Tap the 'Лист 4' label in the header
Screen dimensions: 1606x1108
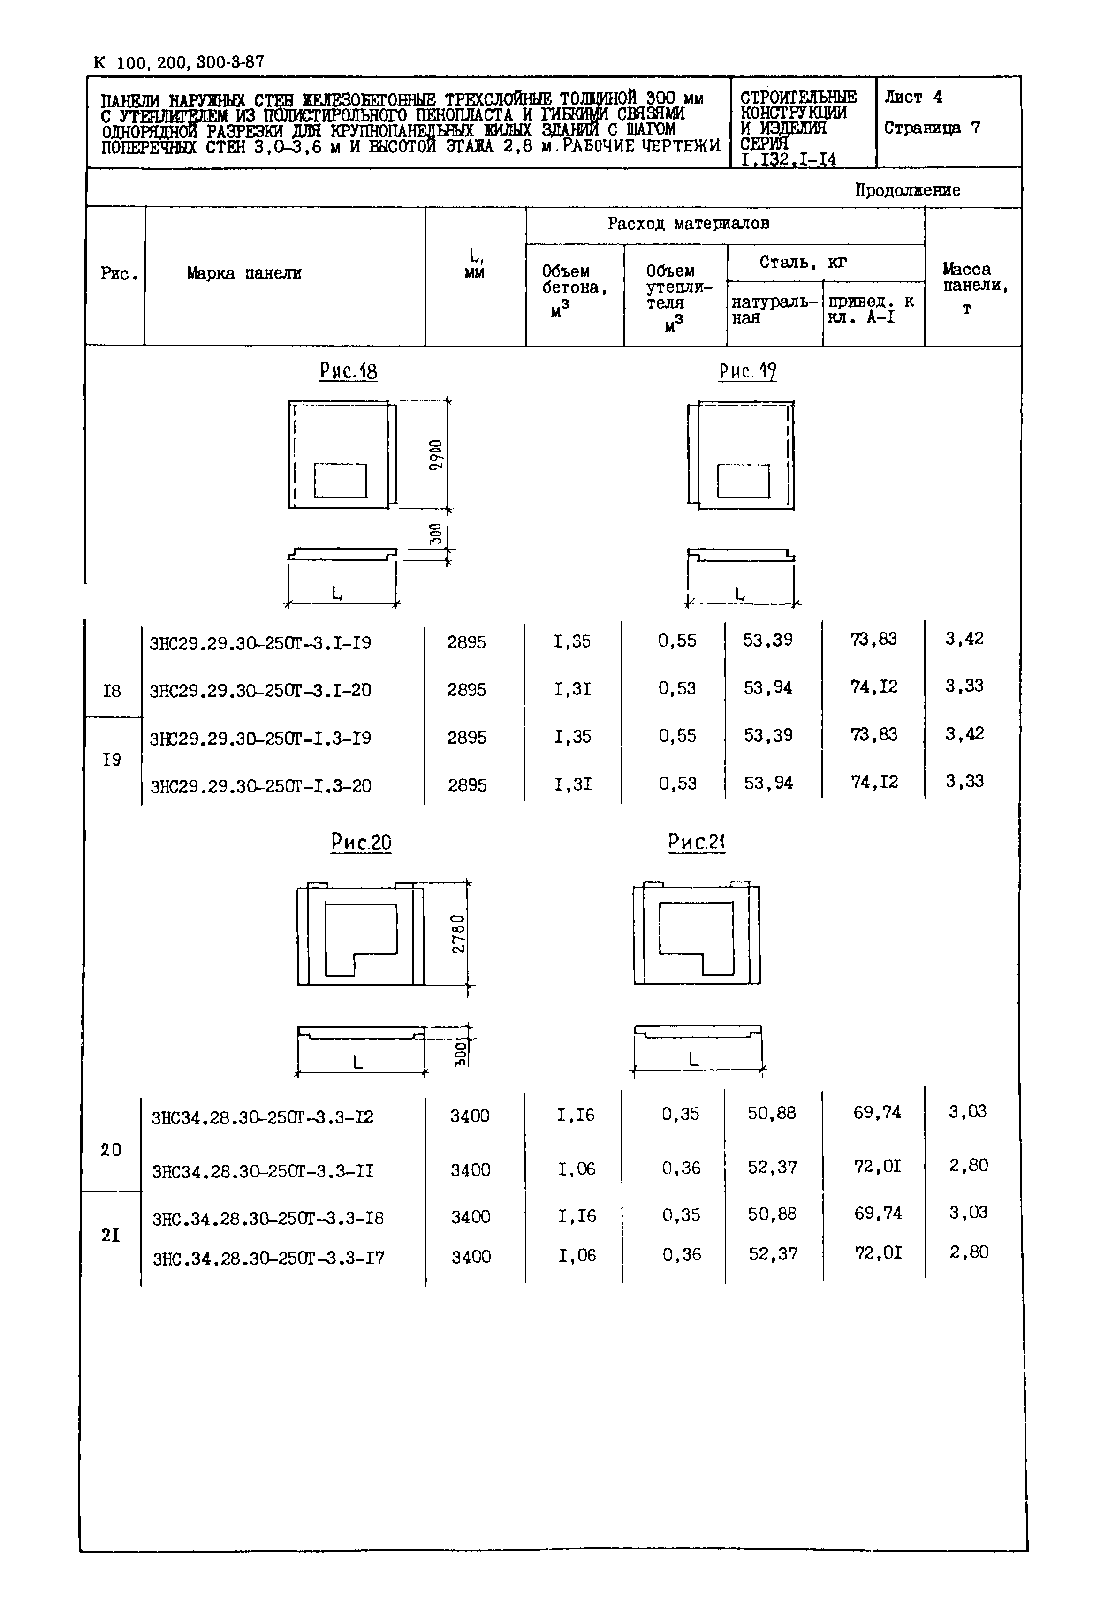(913, 97)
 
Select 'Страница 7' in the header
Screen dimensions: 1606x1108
(932, 128)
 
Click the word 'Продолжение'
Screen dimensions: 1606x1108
(907, 190)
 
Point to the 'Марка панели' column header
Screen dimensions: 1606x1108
(243, 273)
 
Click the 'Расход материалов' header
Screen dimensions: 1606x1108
(688, 224)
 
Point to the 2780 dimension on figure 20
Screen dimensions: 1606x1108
(458, 934)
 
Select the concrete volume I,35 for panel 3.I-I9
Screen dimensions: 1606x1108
(572, 641)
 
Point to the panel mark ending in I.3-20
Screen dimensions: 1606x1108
(261, 785)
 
